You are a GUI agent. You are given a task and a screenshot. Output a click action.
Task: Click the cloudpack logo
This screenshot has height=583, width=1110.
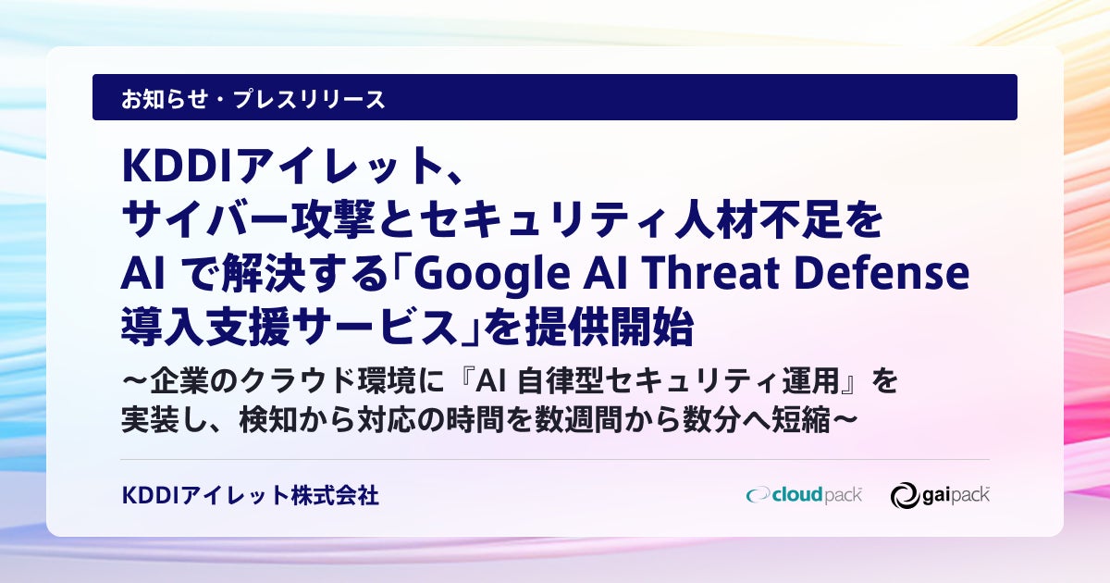point(804,495)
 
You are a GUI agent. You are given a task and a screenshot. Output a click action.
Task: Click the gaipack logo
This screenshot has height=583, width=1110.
point(940,495)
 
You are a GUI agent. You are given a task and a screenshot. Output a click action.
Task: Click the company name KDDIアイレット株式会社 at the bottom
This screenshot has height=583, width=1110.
point(251,495)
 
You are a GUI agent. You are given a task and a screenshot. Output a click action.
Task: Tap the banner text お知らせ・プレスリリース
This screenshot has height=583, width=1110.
point(253,99)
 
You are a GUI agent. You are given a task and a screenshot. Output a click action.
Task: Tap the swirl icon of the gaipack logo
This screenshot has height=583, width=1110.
point(905,496)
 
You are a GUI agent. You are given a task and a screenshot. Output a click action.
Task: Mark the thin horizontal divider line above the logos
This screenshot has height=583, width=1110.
point(555,460)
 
